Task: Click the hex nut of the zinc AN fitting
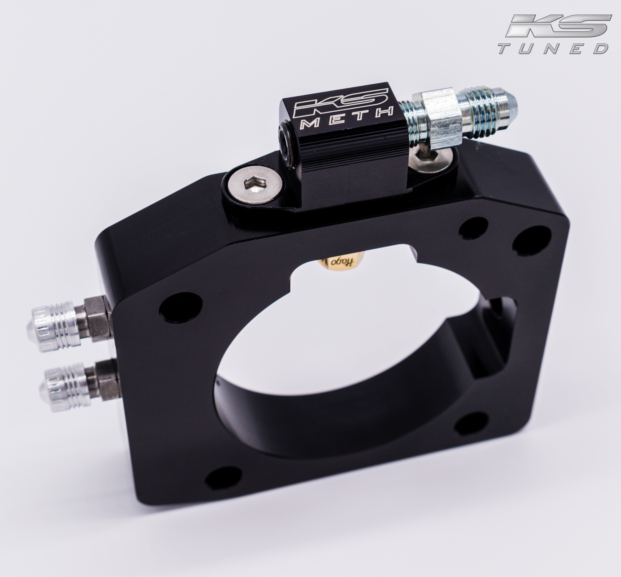tap(443, 120)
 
